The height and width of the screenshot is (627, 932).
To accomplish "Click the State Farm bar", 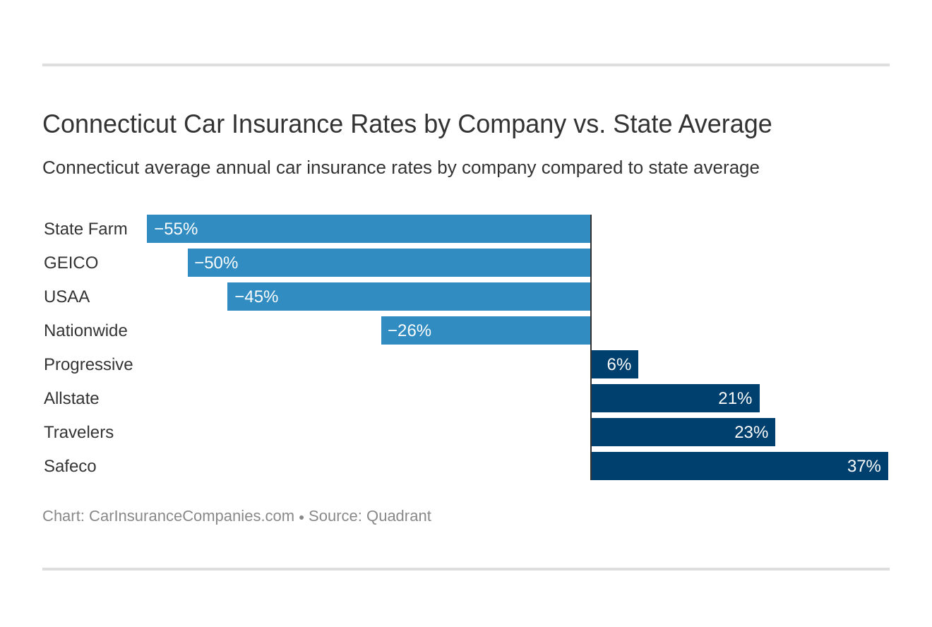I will point(369,229).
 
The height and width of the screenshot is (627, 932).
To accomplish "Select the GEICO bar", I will point(389,263).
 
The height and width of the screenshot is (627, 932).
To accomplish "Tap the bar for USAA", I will point(409,297).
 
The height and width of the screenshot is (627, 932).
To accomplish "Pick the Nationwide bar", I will point(486,330).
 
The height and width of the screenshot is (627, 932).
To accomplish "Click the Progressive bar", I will point(614,364).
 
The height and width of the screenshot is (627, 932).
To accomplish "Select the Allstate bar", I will point(675,398).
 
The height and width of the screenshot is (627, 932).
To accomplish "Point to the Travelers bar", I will point(683,432).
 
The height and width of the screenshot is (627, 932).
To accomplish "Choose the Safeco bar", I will point(739,466).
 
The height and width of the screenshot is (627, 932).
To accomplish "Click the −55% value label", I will point(176,229).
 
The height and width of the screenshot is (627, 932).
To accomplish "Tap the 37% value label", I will point(864,466).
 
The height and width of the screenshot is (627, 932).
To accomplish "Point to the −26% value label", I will point(410,330).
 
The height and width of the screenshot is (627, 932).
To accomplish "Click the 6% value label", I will point(619,364).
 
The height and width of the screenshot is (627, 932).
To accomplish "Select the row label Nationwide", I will point(85,330).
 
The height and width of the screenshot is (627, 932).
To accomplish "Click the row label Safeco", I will point(70,466).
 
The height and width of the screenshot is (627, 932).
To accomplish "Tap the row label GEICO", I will point(71,263).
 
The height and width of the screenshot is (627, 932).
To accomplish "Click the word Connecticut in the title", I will point(109,124).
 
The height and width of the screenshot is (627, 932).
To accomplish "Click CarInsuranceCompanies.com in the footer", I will point(191,516).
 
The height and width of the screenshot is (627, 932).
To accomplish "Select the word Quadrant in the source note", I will point(398,516).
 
